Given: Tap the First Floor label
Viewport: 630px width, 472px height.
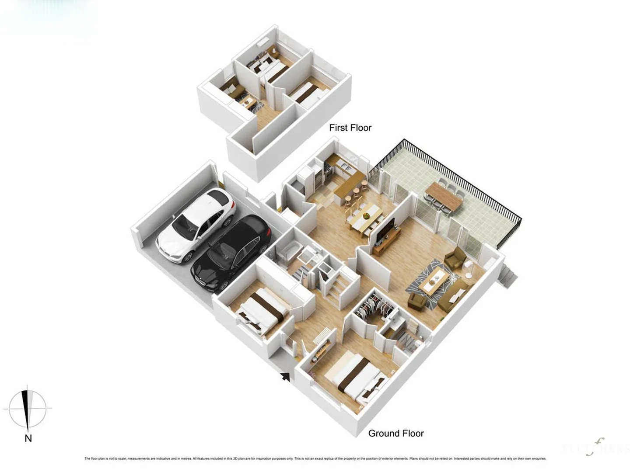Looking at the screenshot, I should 350,128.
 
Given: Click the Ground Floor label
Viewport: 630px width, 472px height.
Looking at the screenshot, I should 396,433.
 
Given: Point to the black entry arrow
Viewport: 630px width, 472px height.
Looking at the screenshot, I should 285,376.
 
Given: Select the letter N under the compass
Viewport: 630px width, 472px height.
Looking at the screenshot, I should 28,438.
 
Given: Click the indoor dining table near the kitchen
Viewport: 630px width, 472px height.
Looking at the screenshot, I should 366,216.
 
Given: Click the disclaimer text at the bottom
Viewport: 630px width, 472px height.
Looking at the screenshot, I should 315,458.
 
